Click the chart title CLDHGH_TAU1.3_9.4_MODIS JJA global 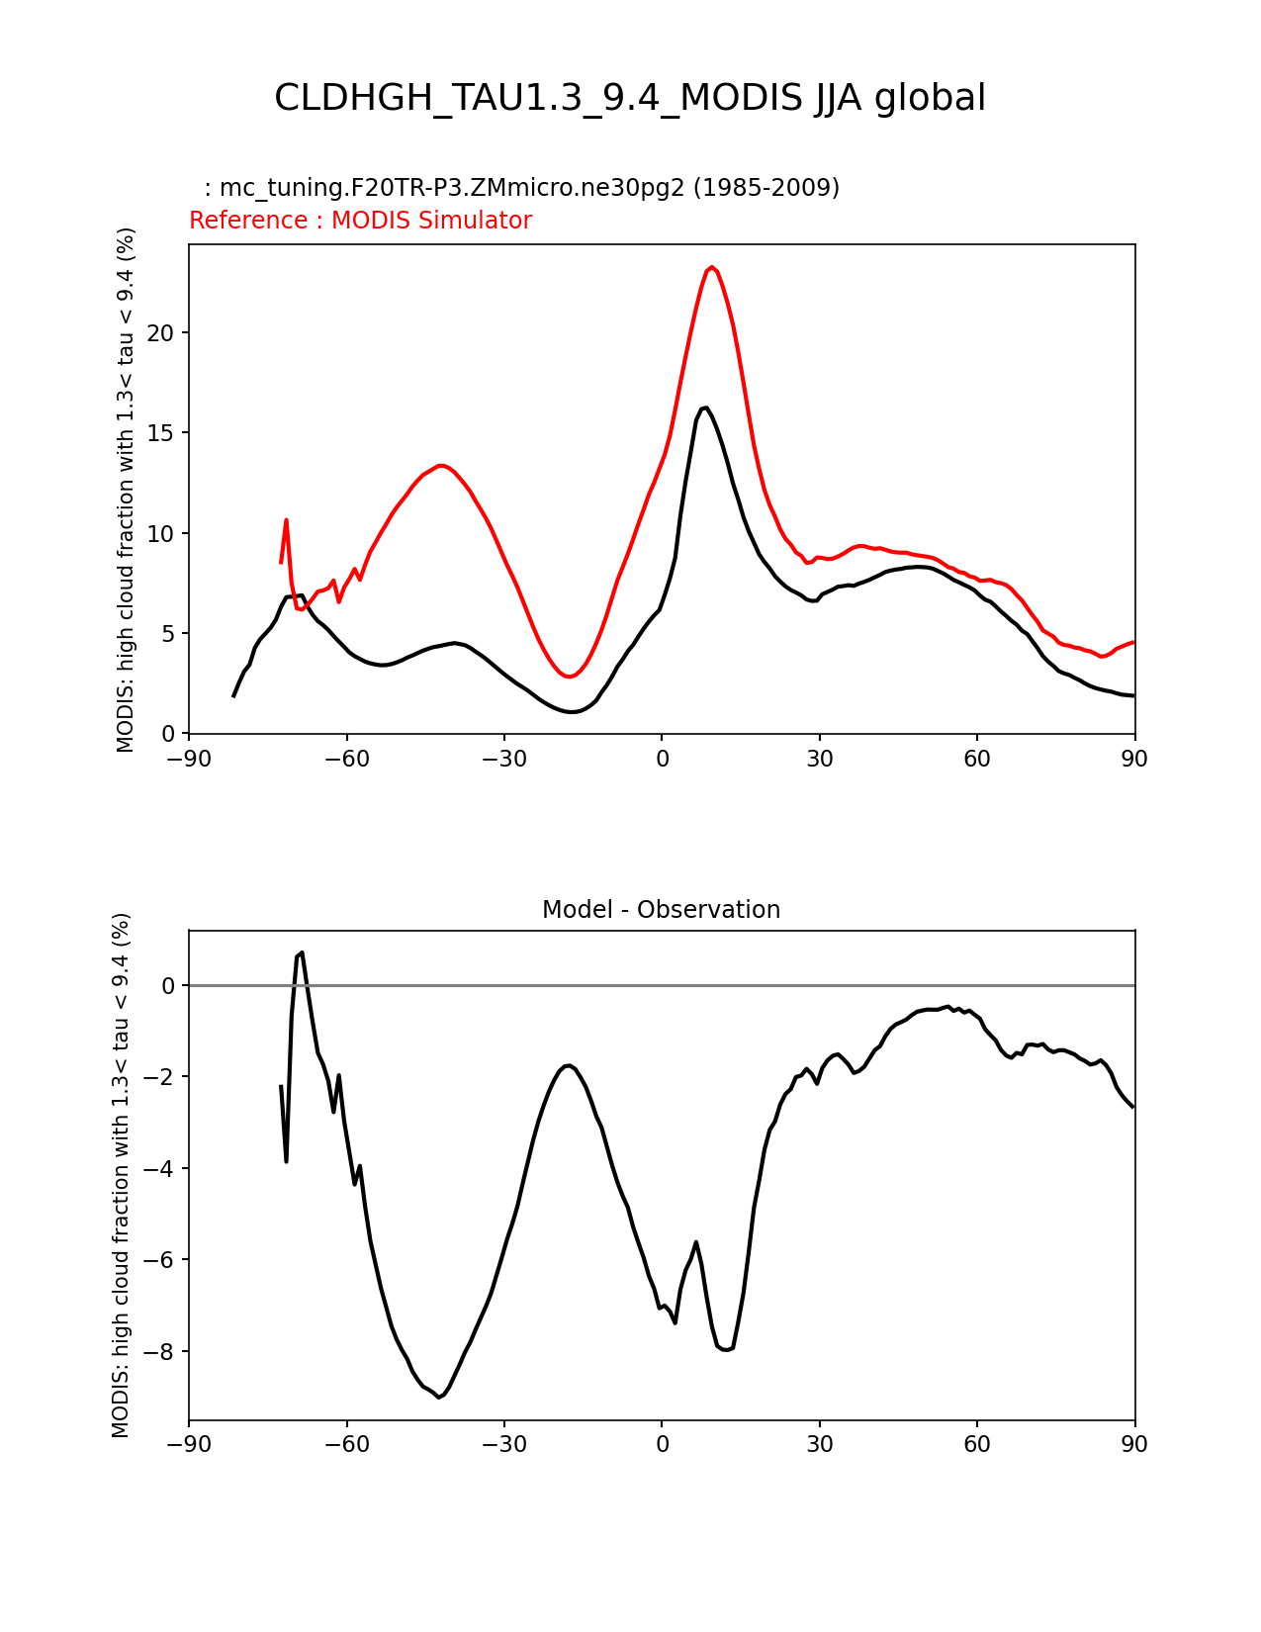pyautogui.click(x=629, y=98)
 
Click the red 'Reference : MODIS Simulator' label pyautogui.click(x=361, y=220)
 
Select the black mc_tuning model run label pyautogui.click(x=522, y=187)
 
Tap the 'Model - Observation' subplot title pyautogui.click(x=661, y=910)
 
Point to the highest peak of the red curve pyautogui.click(x=711, y=267)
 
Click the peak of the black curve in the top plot pyautogui.click(x=705, y=408)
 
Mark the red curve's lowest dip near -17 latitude pyautogui.click(x=570, y=677)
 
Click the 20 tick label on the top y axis pyautogui.click(x=160, y=332)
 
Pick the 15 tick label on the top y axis pyautogui.click(x=160, y=433)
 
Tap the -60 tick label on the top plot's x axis pyautogui.click(x=346, y=760)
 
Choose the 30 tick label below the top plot pyautogui.click(x=819, y=760)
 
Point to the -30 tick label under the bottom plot pyautogui.click(x=503, y=1444)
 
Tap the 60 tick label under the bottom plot pyautogui.click(x=976, y=1444)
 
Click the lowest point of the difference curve pyautogui.click(x=439, y=1398)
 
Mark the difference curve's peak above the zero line pyautogui.click(x=302, y=953)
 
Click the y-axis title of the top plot pyautogui.click(x=125, y=490)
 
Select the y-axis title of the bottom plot pyautogui.click(x=121, y=1175)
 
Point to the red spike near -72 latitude pyautogui.click(x=286, y=520)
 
